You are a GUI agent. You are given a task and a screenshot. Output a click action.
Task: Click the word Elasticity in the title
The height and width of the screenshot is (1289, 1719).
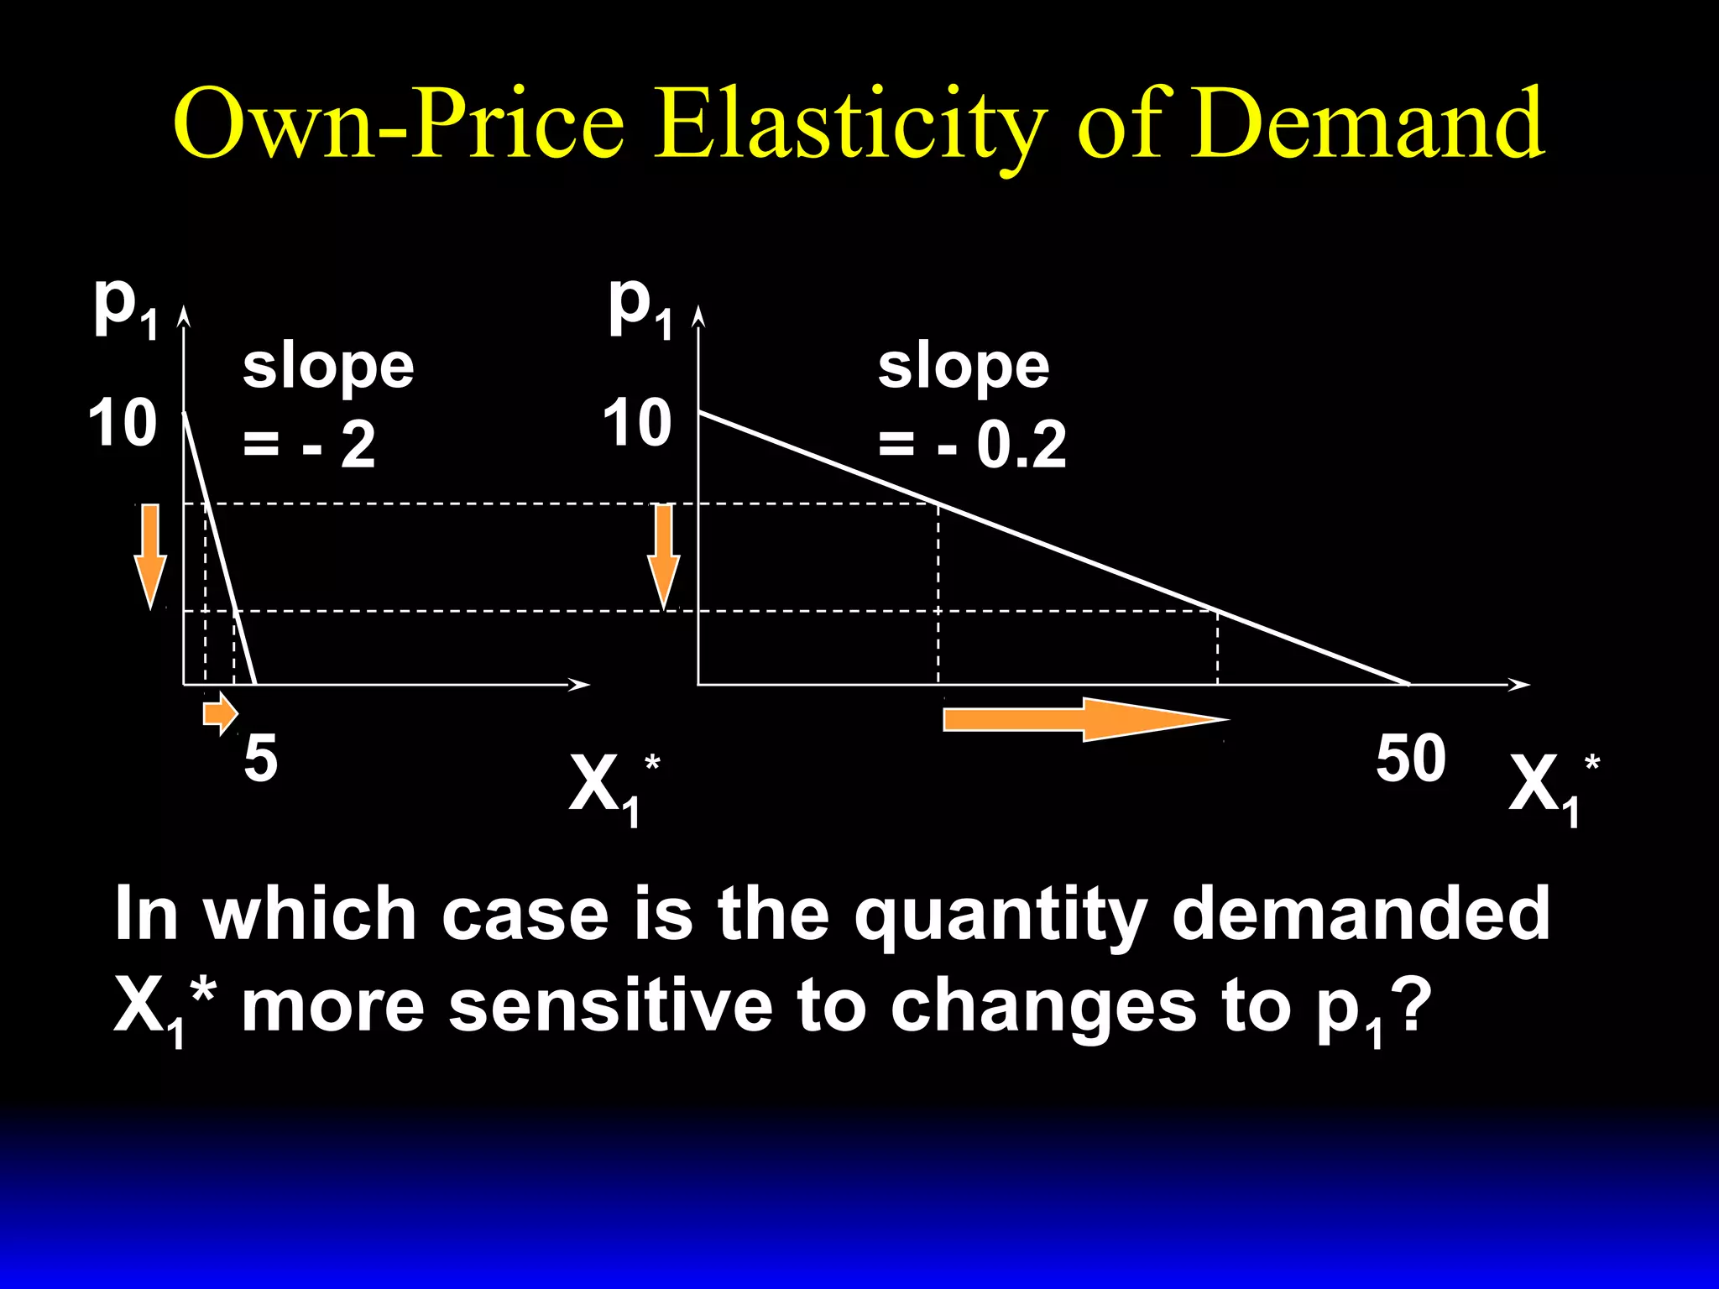tap(850, 124)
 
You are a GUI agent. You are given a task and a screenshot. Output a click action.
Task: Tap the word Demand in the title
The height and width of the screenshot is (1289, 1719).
tap(1367, 124)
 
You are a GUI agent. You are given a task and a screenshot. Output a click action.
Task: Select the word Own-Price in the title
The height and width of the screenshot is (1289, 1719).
tap(400, 124)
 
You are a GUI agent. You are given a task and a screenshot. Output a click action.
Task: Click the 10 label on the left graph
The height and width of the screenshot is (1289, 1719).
tap(123, 424)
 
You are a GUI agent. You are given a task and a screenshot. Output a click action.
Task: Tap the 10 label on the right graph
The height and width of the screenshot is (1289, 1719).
tap(637, 424)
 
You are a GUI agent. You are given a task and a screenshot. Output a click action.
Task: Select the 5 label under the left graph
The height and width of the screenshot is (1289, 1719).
tap(261, 759)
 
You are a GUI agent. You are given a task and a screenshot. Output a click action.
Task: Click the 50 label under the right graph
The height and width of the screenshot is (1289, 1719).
tap(1410, 759)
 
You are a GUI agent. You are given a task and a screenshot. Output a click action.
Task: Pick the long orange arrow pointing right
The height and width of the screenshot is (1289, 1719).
tap(1083, 720)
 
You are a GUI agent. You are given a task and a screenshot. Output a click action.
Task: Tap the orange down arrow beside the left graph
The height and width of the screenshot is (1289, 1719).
tap(150, 555)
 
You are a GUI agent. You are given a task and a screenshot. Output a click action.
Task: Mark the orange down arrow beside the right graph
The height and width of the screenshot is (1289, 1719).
tap(664, 555)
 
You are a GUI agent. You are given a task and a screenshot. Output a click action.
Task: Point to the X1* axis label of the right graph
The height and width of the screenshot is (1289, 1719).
tap(1553, 787)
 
